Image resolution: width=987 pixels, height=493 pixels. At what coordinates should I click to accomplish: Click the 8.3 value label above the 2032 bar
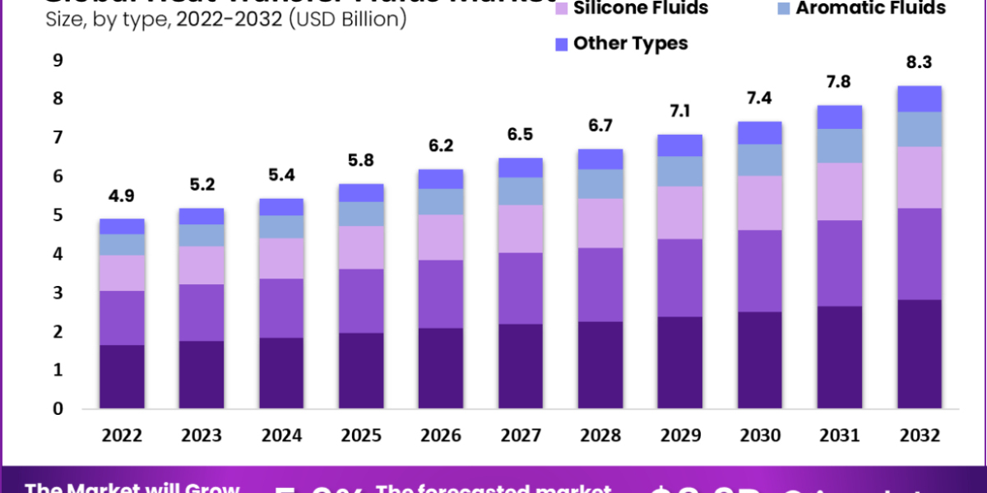919,62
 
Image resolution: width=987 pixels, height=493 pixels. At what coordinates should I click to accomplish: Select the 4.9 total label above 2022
121,197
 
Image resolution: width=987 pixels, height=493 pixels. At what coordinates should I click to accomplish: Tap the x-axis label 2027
521,435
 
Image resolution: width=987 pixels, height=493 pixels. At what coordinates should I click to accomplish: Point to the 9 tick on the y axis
58,60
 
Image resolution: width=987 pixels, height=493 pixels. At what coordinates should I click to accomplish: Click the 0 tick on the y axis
58,409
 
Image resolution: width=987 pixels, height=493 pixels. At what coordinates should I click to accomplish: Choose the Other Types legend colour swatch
562,44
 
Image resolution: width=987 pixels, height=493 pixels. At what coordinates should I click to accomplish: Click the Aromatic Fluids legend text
871,9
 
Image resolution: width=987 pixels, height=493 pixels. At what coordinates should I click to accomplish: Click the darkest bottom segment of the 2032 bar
919,354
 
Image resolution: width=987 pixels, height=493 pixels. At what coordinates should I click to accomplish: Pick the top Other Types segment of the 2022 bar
121,226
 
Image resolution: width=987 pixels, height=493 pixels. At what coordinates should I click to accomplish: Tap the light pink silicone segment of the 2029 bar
680,212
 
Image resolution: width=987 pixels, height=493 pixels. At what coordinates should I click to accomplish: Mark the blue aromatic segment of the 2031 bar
840,145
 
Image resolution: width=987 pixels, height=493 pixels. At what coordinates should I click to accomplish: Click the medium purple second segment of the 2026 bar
441,294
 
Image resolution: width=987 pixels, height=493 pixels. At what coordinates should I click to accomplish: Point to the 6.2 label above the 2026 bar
441,148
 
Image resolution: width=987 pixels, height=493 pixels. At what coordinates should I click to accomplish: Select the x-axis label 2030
760,435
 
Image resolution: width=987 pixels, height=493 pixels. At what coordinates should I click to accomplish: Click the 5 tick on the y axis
58,215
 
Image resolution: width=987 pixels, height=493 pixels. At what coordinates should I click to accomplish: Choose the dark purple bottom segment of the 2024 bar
281,373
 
